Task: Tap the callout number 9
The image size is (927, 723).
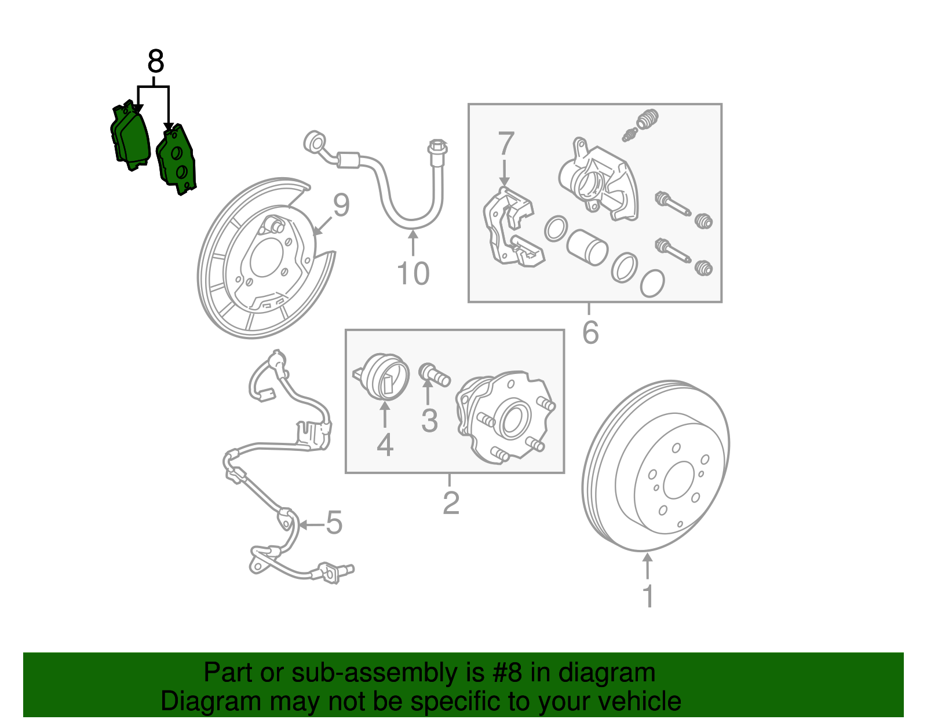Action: [341, 205]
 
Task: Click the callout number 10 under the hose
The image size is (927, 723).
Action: [413, 273]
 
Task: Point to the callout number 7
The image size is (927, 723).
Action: [505, 144]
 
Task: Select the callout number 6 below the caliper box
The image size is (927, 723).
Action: [590, 332]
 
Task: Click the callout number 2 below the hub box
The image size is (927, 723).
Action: [451, 502]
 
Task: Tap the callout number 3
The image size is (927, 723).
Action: [429, 420]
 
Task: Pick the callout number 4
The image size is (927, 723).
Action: [385, 445]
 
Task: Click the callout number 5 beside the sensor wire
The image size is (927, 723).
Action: [334, 523]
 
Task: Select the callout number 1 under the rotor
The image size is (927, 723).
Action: [648, 596]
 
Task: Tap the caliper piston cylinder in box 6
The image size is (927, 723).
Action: [586, 247]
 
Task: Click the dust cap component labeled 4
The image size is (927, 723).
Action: [384, 376]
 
